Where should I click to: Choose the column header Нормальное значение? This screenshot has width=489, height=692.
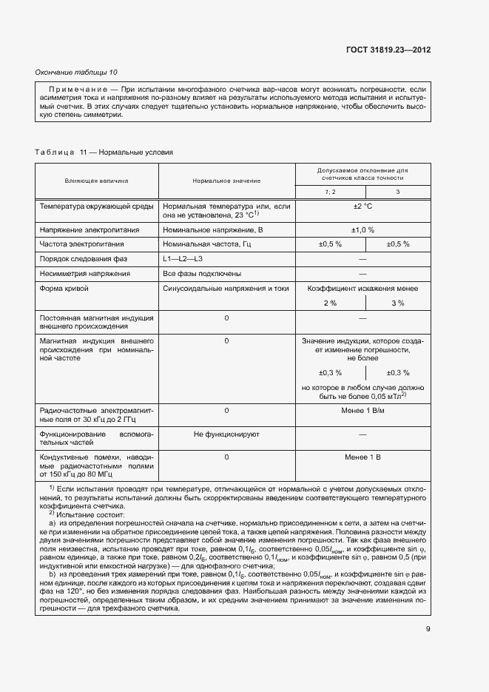(x=226, y=180)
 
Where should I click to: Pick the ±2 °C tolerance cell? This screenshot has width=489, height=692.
(x=362, y=206)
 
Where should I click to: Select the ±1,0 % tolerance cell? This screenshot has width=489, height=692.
(x=362, y=229)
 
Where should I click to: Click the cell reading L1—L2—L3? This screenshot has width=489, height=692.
(x=182, y=258)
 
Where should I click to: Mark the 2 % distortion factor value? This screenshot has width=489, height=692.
(x=329, y=303)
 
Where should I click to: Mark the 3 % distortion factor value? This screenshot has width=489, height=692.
(x=397, y=303)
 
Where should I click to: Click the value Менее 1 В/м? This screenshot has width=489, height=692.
(x=362, y=409)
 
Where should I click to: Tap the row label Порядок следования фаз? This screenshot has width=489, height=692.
(x=82, y=258)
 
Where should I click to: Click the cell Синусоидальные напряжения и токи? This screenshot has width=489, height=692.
(x=226, y=288)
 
